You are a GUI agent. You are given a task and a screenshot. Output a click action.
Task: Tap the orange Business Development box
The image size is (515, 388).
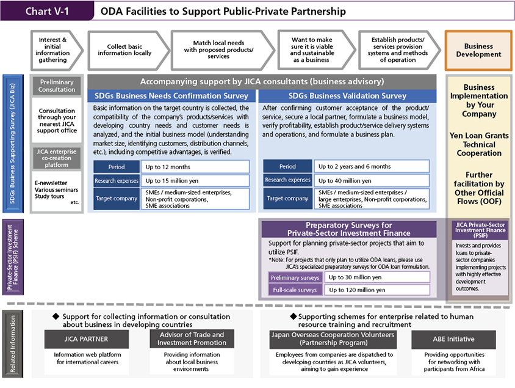pos(478,50)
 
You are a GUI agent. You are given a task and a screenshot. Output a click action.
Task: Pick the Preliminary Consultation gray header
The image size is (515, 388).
pos(57,86)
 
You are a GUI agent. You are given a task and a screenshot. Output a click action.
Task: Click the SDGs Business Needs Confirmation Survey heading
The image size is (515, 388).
pos(171,96)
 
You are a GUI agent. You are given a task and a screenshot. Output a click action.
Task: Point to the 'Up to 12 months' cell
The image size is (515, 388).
pos(195,167)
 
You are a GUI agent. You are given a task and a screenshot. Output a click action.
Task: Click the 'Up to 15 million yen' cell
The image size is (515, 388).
pos(195,181)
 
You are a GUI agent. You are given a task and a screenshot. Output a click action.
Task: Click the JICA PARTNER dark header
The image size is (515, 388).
pos(86,339)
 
